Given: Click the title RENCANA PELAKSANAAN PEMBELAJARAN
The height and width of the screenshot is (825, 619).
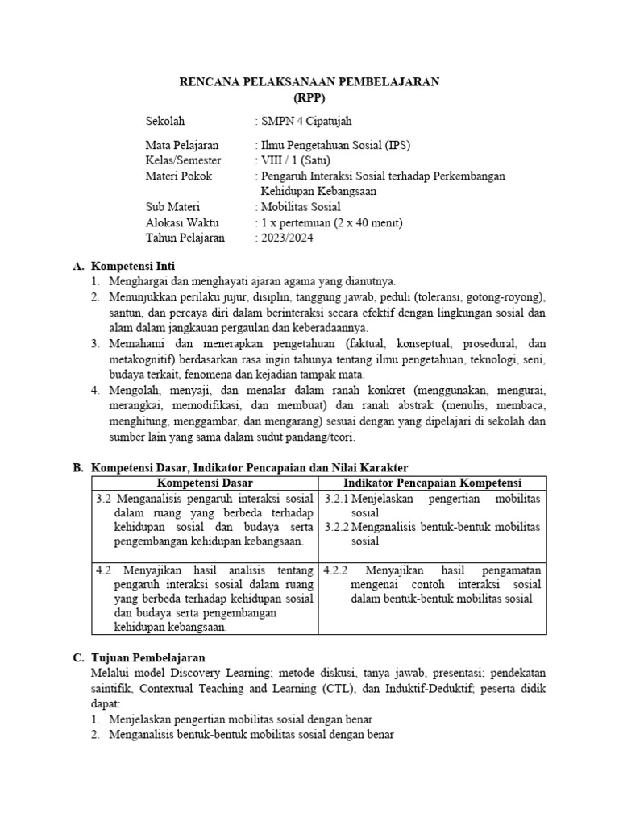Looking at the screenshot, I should pos(309,81).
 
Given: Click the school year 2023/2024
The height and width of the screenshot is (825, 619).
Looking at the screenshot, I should pos(285,238).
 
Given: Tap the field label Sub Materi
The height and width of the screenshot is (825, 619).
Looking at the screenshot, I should pos(172,207).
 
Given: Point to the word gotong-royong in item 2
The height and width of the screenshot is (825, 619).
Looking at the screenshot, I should pos(505,296).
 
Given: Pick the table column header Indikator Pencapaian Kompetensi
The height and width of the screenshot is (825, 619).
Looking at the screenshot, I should pos(432,483).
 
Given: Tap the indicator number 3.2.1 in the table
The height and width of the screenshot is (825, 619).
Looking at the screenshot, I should pos(337,499).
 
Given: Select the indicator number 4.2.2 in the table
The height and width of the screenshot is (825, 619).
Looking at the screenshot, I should pos(335,570).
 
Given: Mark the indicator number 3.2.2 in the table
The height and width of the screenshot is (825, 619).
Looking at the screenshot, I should pos(337,528).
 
